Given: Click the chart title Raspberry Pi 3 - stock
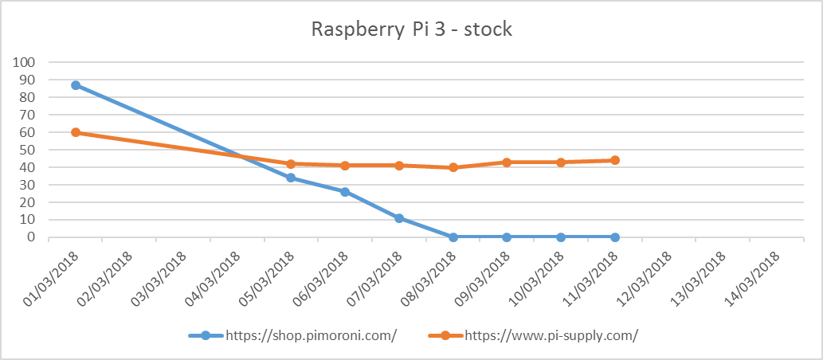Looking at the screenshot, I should tap(411, 30).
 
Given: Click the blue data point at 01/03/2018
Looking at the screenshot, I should tap(76, 85).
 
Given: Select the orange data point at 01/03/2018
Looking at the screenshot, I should tap(76, 132).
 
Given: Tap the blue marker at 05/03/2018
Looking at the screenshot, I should tap(291, 178).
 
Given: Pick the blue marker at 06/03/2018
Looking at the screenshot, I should tap(345, 192).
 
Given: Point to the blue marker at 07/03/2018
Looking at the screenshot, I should tap(399, 218).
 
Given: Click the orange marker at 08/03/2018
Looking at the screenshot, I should tap(453, 167).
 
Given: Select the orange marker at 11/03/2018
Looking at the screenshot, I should tap(615, 160).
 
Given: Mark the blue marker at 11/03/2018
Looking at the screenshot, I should tap(615, 237).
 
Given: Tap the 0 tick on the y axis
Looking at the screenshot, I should tap(33, 237).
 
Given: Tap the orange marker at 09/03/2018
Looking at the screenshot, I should tap(507, 162).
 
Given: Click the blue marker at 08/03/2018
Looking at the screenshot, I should tap(453, 237).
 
